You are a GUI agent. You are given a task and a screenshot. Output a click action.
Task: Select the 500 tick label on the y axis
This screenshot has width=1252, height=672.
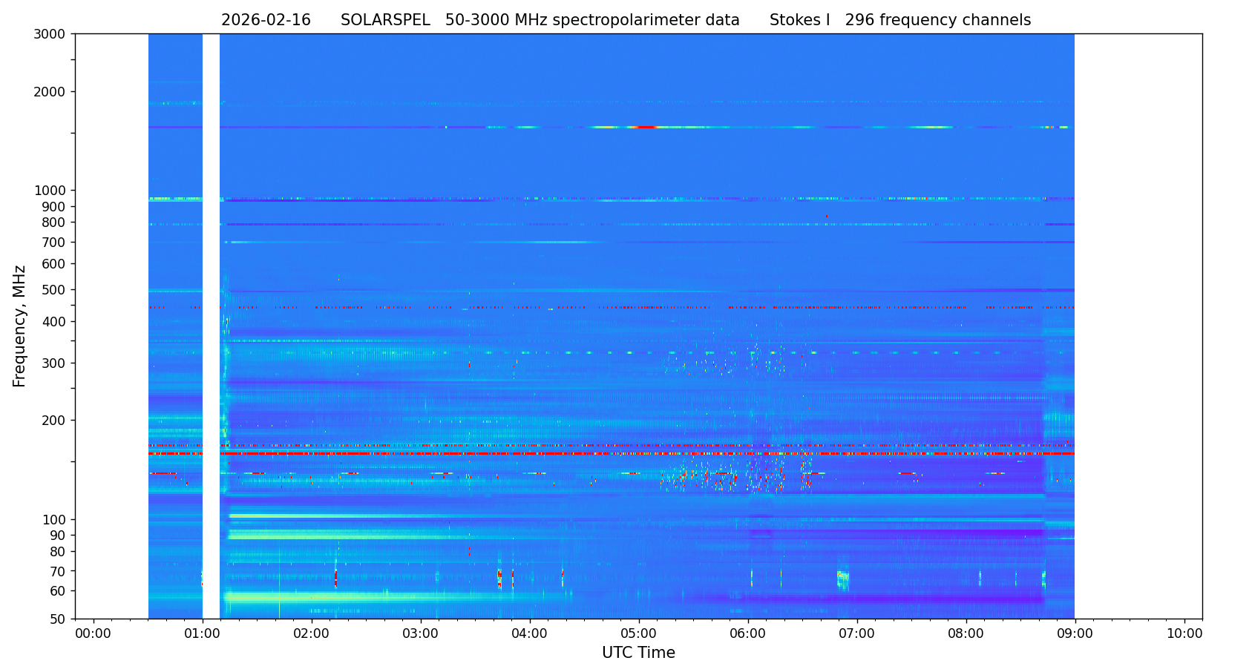click(54, 290)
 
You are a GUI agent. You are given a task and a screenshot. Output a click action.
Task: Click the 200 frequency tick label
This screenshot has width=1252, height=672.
click(54, 421)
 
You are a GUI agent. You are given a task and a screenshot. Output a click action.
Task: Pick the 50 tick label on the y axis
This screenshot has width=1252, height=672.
click(57, 619)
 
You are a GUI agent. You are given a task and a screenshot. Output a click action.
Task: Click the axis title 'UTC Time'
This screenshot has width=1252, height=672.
click(638, 653)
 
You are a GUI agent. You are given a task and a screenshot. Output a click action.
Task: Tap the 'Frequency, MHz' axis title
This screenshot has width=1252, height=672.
click(20, 326)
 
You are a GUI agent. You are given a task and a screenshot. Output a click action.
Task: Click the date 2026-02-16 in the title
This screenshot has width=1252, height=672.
click(266, 21)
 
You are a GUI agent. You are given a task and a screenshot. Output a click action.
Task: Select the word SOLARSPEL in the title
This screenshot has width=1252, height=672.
click(385, 21)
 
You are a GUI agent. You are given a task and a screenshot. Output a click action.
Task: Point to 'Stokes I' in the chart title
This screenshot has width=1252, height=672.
click(799, 21)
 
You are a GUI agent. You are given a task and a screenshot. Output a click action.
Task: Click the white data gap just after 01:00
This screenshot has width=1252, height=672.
click(211, 326)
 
